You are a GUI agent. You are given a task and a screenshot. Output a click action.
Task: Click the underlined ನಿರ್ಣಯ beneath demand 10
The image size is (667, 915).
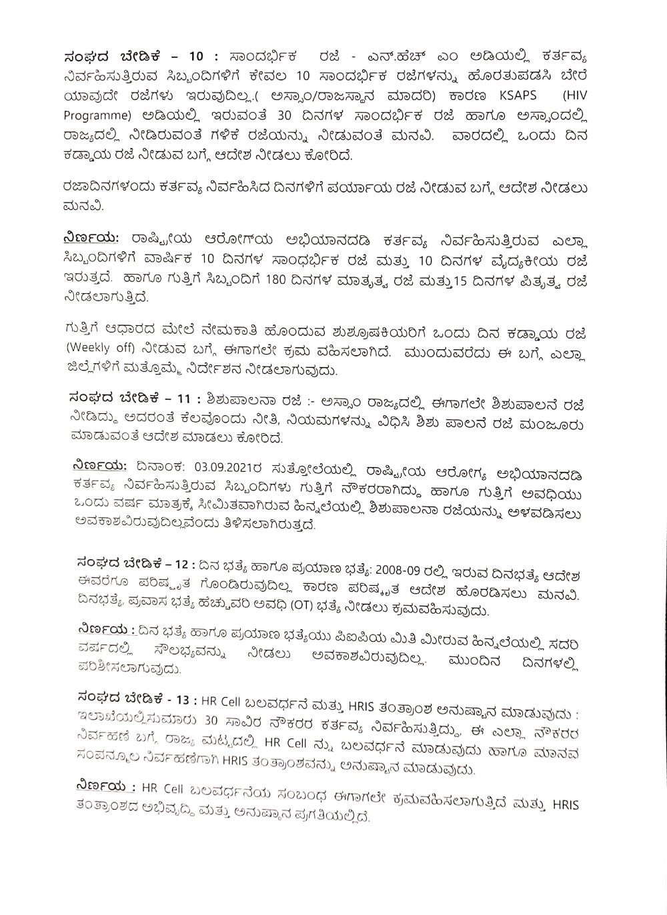(93, 238)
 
